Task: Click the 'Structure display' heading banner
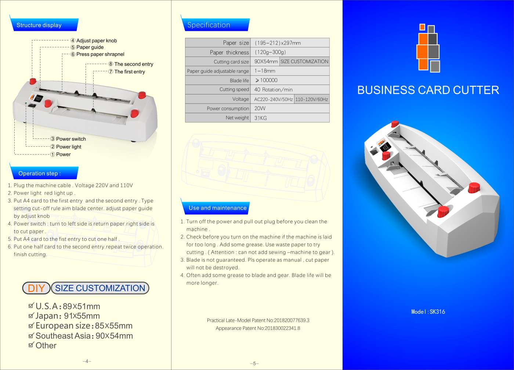pos(44,25)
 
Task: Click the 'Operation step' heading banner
pos(44,173)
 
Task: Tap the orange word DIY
pos(36,288)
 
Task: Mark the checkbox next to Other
pos(31,345)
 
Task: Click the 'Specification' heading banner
pos(215,25)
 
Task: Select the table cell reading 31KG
pos(290,118)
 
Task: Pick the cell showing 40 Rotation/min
pos(290,90)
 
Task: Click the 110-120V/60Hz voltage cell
pos(312,99)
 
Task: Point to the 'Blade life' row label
pos(239,80)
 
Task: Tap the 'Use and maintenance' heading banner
pos(215,207)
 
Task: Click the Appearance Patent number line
pos(258,328)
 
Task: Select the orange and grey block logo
pos(428,48)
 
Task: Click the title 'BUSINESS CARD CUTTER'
pos(428,90)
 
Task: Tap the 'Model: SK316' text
pos(428,312)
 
